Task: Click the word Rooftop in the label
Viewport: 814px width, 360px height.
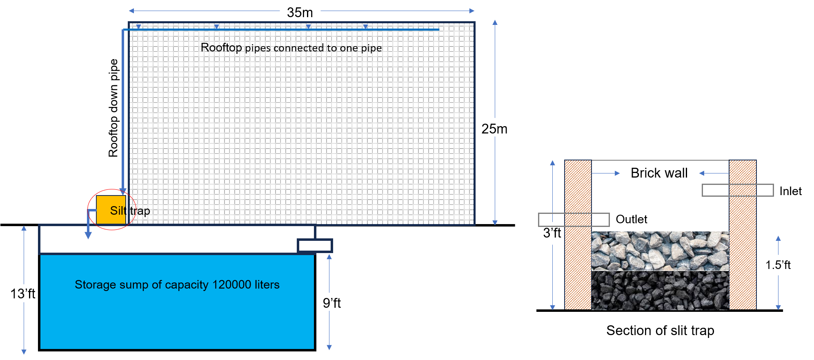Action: pos(221,47)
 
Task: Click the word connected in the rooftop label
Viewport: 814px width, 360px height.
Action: pos(299,48)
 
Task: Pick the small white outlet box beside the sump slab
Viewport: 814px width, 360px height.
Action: pos(314,246)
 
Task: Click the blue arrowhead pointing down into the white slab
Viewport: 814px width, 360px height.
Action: pos(88,235)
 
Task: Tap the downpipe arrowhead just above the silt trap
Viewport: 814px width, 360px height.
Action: pos(123,191)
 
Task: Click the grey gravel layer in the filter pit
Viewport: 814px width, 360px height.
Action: pos(660,251)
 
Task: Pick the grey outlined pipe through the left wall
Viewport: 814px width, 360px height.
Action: pos(574,220)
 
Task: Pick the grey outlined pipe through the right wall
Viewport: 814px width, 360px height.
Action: pos(737,190)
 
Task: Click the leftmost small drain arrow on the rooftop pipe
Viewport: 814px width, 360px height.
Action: pos(138,27)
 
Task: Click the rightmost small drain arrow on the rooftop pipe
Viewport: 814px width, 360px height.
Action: pos(365,27)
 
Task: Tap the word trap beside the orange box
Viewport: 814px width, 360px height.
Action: pos(140,211)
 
